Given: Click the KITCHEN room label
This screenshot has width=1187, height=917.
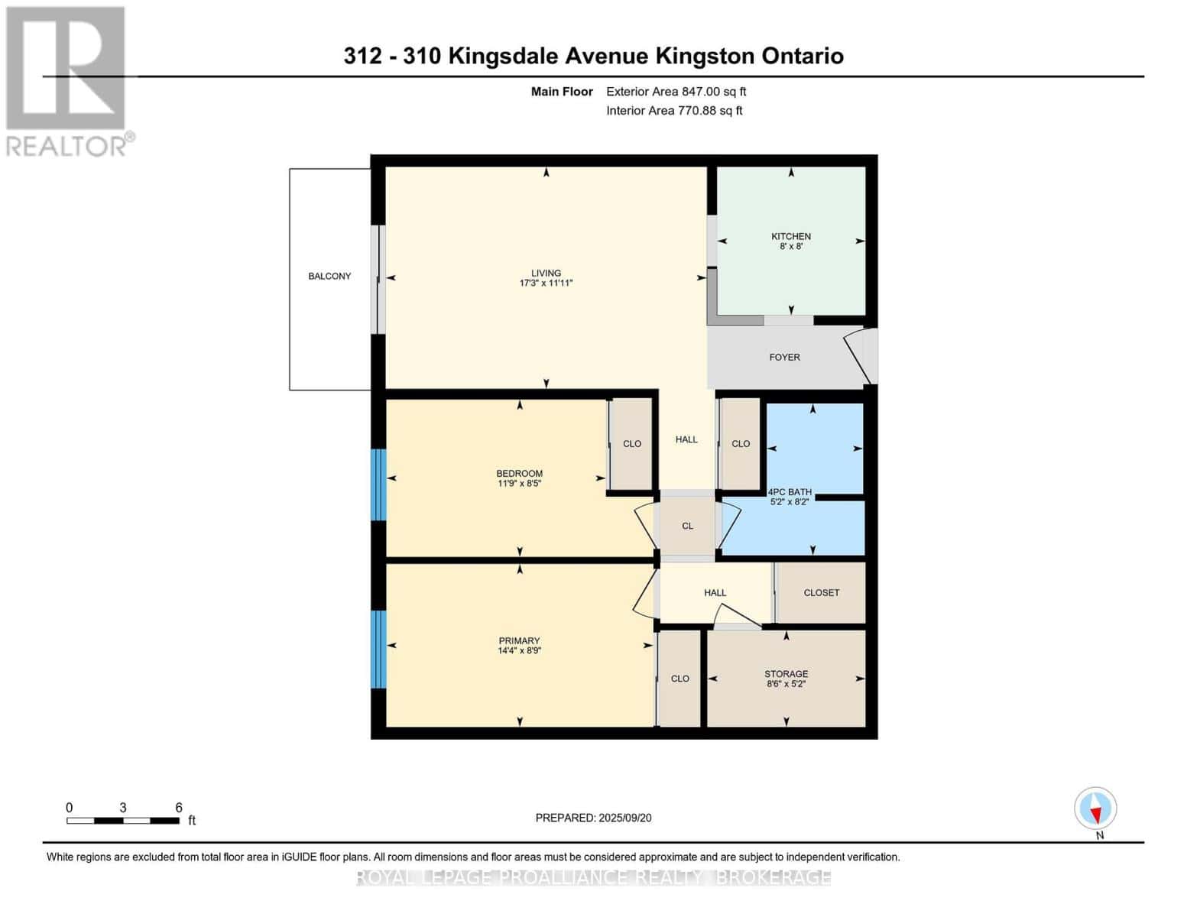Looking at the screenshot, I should [790, 236].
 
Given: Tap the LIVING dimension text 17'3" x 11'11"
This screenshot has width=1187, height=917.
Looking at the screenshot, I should [546, 284].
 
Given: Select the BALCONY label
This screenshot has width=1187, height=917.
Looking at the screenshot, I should [329, 276].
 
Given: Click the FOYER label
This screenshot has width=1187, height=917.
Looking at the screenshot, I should [784, 357].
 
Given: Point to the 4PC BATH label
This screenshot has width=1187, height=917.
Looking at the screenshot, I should [790, 492].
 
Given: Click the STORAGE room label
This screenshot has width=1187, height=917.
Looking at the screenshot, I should [786, 674].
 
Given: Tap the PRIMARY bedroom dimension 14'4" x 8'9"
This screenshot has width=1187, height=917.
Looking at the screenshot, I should [519, 651].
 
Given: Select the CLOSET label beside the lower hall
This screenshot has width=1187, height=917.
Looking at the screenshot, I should [821, 592].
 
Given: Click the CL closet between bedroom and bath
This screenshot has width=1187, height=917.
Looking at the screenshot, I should [687, 526].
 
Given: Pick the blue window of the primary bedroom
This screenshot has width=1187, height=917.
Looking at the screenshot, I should [378, 649].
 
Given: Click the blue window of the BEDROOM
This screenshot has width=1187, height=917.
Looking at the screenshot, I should [378, 484].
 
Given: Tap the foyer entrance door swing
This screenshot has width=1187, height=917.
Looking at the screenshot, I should [859, 355].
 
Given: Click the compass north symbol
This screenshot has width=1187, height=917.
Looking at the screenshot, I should [1095, 808].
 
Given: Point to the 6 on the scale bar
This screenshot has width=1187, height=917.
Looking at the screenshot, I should [179, 808].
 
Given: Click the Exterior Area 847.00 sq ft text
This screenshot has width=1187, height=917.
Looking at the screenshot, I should [676, 92].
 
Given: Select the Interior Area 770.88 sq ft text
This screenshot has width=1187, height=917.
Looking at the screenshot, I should [674, 111].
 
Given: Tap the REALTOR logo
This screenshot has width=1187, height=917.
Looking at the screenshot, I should [66, 80].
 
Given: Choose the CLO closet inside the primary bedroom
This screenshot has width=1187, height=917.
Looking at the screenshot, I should [679, 679].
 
